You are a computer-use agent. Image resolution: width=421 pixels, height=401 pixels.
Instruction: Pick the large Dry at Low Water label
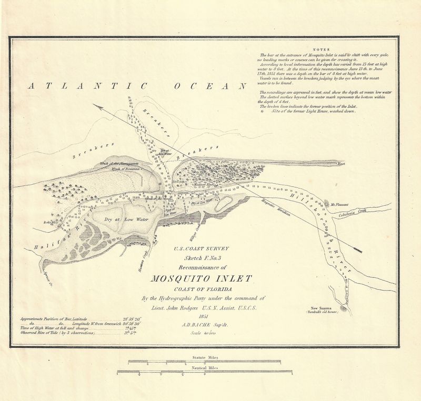126,218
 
